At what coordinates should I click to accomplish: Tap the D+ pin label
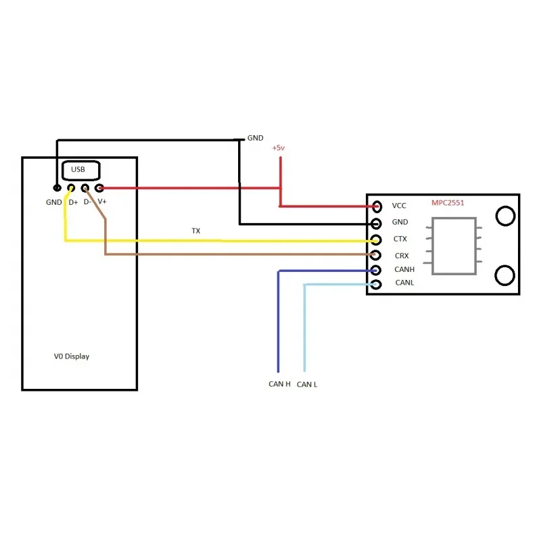point(73,202)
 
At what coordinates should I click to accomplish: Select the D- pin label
point(87,202)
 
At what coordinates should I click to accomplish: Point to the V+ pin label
point(102,201)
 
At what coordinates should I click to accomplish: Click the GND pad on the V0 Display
point(57,188)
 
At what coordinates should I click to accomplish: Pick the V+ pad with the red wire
point(99,188)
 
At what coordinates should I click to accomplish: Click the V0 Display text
point(72,356)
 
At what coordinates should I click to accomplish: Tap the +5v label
point(279,147)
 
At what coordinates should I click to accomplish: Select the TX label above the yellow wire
point(196,231)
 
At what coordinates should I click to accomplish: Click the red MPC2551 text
point(448,203)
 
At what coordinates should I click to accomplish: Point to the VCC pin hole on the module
point(377,206)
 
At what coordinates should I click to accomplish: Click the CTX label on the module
point(400,239)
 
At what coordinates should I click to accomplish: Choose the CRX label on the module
point(402,256)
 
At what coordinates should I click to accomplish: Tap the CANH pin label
point(404,269)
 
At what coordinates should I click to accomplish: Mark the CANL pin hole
point(376,284)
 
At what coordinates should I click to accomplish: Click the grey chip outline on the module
point(432,245)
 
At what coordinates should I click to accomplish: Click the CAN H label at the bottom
point(279,384)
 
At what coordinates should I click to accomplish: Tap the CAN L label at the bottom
point(307,384)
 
